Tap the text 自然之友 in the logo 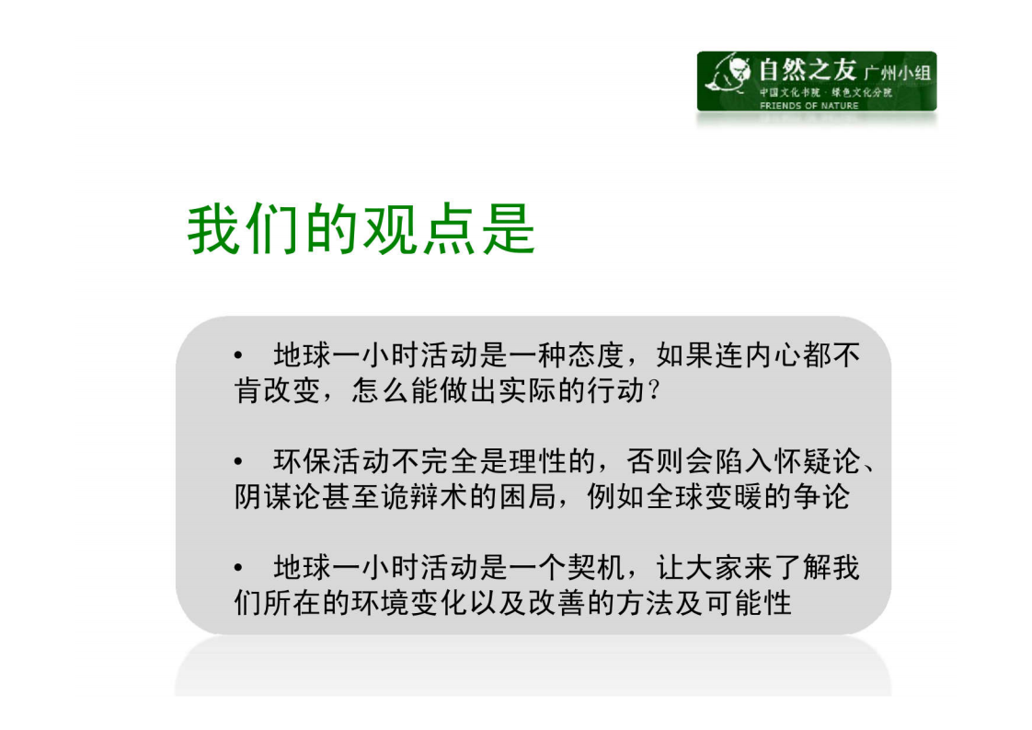pyautogui.click(x=807, y=70)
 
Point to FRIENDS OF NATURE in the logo pyautogui.click(x=808, y=105)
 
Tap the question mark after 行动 pyautogui.click(x=653, y=390)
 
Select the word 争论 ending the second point pyautogui.click(x=833, y=496)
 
